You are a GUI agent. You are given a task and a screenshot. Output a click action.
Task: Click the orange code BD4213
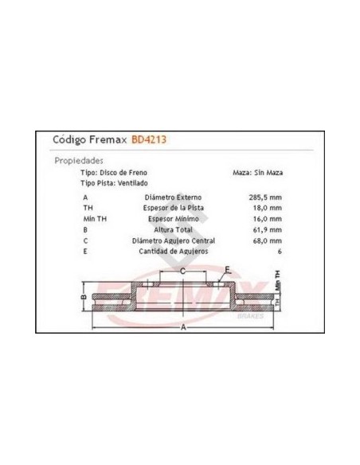click(149, 139)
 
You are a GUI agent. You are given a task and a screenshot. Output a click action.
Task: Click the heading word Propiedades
click(79, 161)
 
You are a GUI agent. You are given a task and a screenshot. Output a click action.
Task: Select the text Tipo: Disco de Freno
click(114, 173)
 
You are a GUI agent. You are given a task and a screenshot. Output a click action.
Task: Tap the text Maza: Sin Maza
click(258, 173)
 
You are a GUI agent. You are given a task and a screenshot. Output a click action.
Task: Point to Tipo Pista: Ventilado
click(114, 183)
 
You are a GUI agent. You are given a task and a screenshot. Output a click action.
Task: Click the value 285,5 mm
click(265, 197)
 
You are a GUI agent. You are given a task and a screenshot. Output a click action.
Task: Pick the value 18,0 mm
click(267, 208)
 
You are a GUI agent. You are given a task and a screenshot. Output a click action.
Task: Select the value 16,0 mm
click(267, 219)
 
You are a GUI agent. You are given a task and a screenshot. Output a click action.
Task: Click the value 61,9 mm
click(267, 230)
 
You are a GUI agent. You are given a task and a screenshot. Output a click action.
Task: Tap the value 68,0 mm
click(267, 240)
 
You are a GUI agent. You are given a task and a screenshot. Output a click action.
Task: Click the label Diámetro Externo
click(173, 197)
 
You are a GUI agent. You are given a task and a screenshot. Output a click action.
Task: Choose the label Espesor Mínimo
click(174, 219)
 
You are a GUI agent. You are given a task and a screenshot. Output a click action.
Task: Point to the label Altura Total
click(173, 230)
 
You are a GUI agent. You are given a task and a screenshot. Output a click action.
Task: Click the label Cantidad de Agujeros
click(174, 252)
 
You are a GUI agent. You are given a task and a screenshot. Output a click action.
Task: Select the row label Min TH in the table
click(95, 219)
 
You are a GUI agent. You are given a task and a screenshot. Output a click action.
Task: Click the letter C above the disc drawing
click(183, 271)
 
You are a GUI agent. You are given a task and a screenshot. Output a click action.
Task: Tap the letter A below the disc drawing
click(183, 327)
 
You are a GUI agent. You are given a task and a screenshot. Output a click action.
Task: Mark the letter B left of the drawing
click(84, 296)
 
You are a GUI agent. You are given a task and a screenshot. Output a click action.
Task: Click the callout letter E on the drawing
click(228, 270)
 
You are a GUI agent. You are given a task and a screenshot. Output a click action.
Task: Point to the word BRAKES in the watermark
click(251, 316)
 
